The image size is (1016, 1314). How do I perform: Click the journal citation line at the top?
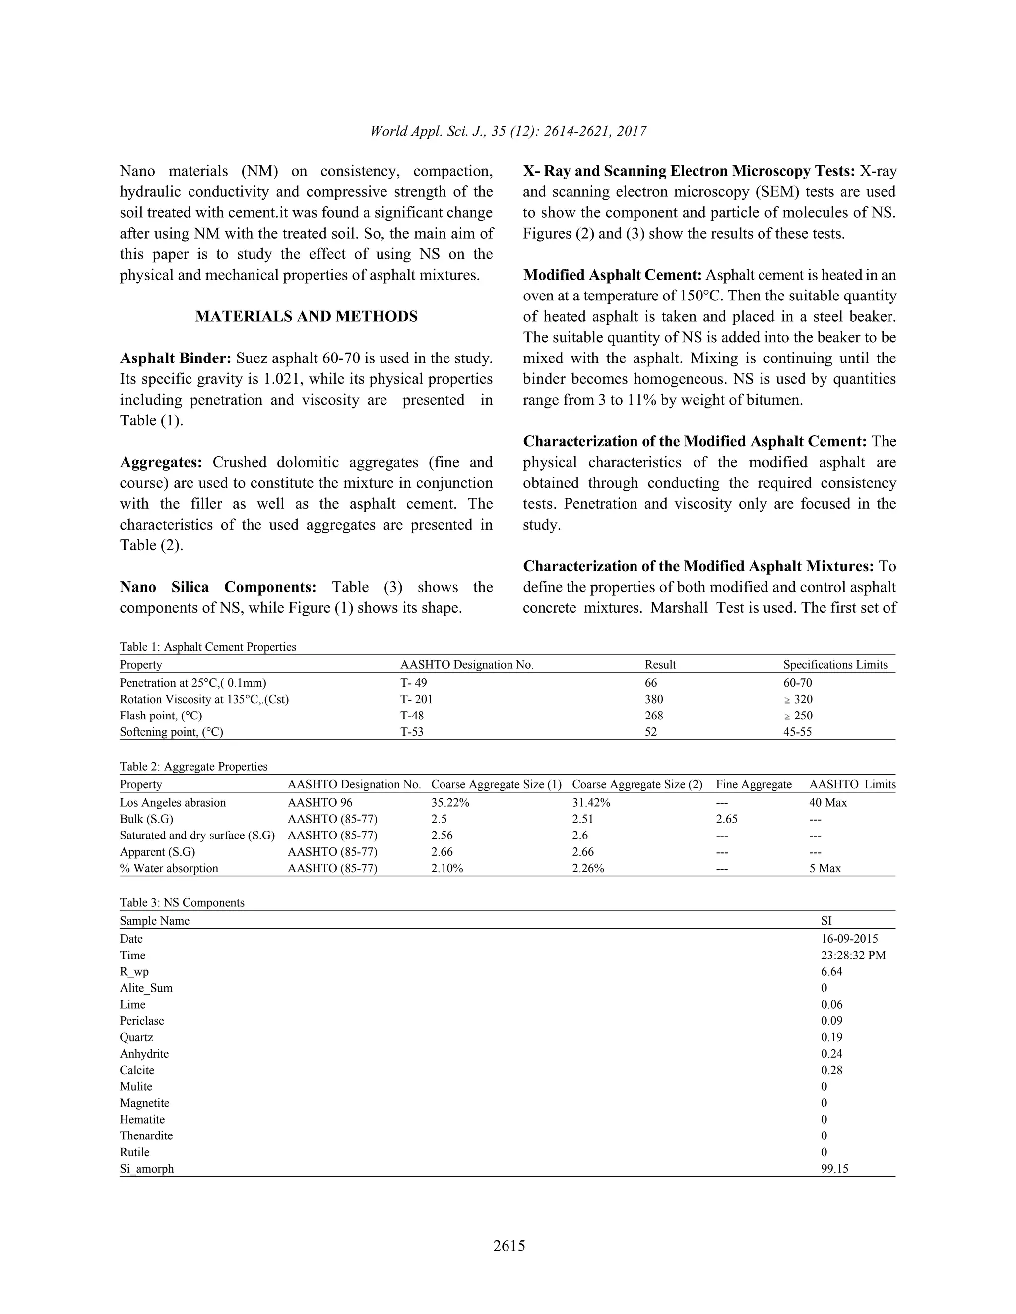coord(508,131)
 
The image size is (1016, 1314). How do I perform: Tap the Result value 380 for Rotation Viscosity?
coord(654,699)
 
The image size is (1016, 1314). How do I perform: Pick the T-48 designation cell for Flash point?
coord(412,716)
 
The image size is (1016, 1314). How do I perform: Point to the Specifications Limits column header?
coord(835,665)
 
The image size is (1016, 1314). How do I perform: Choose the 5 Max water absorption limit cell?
coord(825,868)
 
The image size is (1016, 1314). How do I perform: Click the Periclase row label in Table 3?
coord(141,1021)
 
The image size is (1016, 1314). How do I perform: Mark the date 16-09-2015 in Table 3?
coord(849,939)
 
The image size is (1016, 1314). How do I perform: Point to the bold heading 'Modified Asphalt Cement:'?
coord(612,276)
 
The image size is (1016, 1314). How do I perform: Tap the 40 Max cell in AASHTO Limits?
coord(827,803)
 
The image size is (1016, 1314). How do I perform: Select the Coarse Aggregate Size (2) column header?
coord(637,784)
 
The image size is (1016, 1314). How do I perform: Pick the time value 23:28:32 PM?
coord(853,956)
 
